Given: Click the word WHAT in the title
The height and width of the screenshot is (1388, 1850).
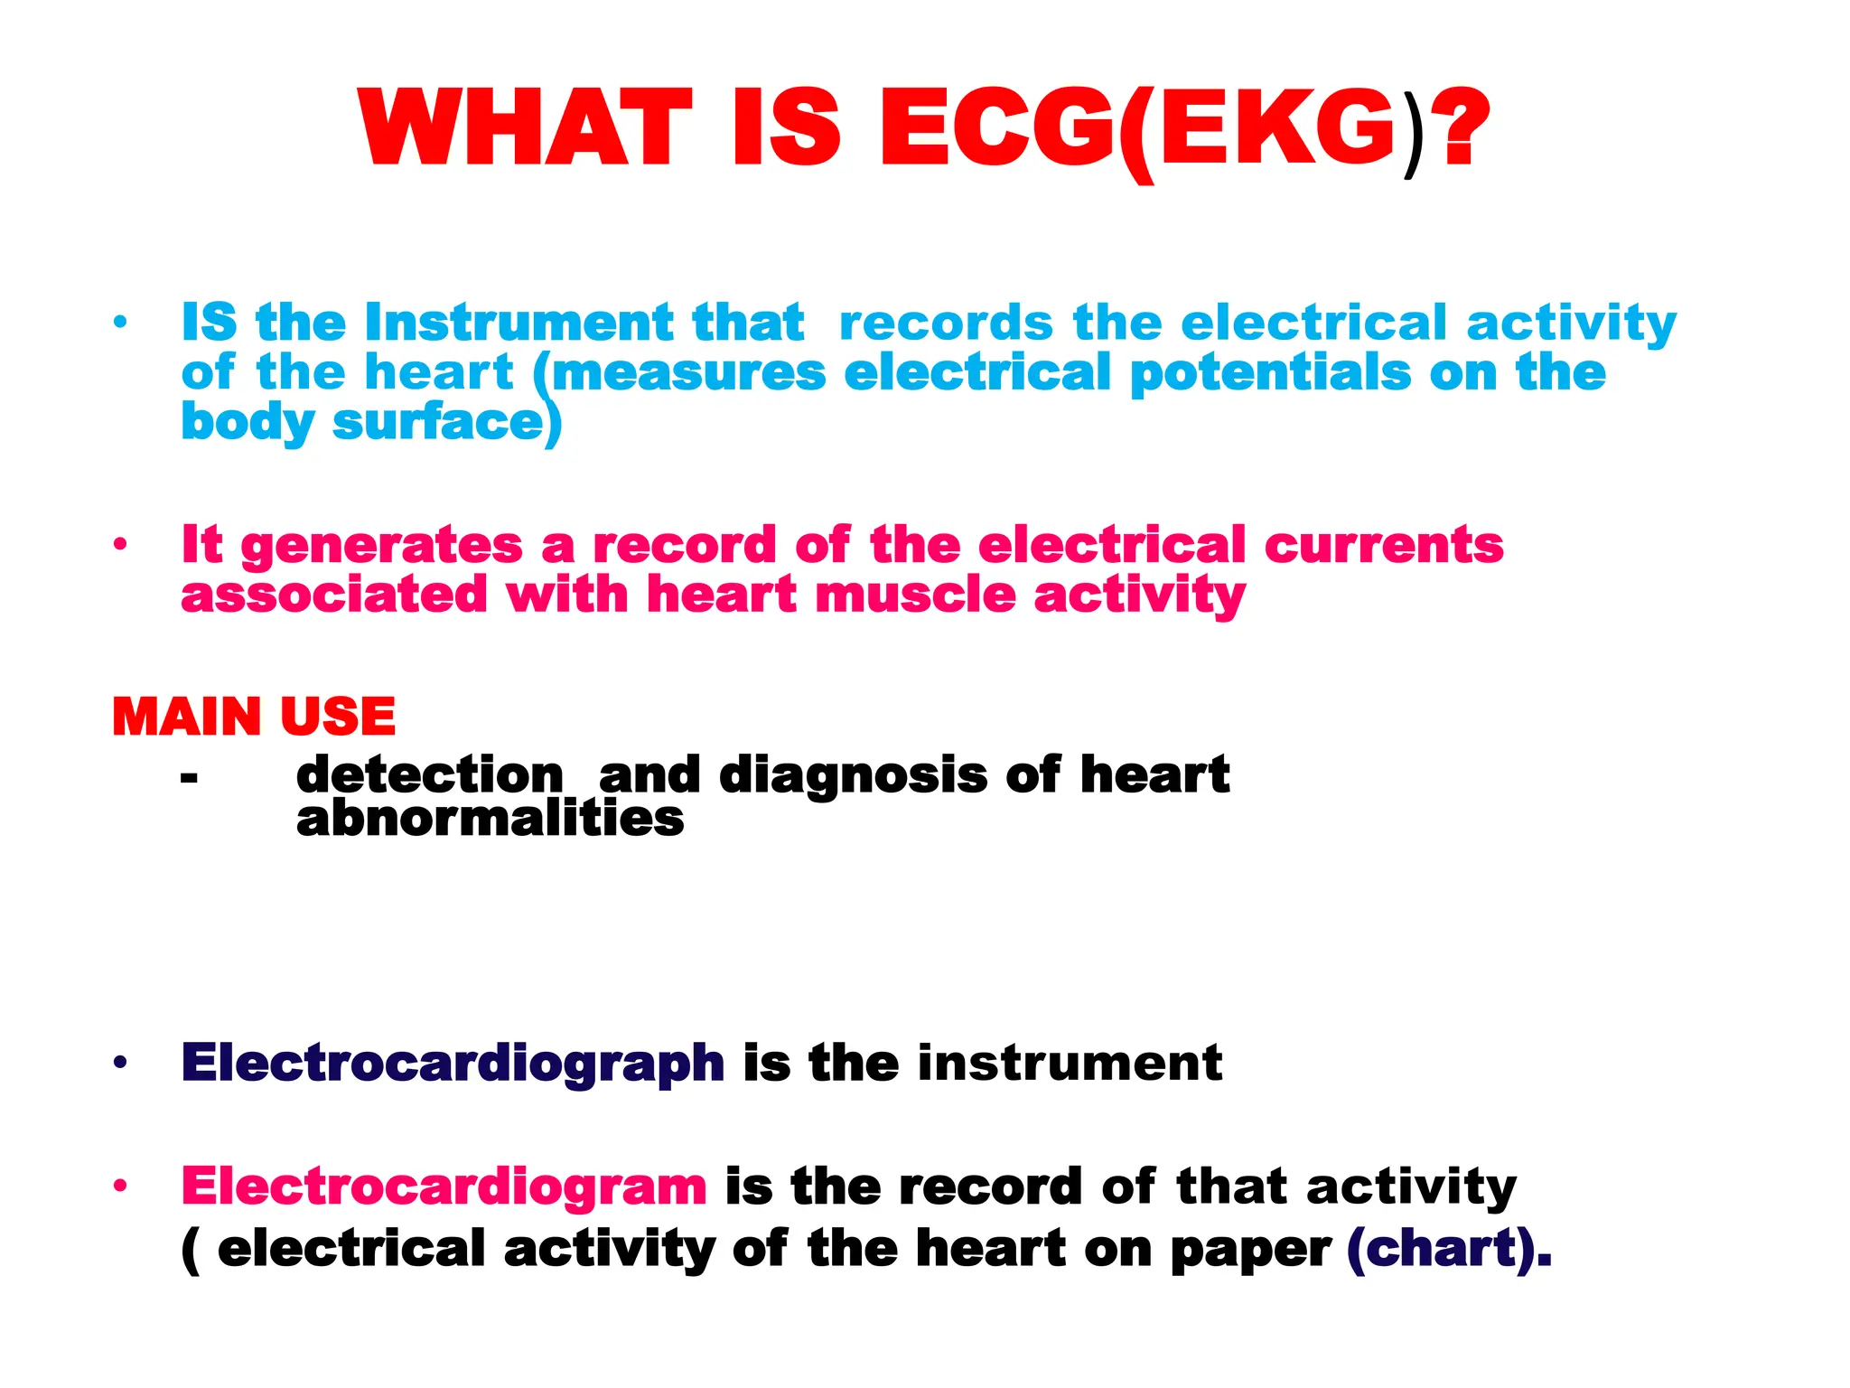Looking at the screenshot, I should [x=524, y=129].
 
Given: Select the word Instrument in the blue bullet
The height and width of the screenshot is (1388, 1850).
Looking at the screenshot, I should [x=519, y=323].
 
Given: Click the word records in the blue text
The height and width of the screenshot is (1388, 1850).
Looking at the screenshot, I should [x=946, y=323].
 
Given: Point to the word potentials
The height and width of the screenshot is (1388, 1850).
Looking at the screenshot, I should [x=1270, y=373].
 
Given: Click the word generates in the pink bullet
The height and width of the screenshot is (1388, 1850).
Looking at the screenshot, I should [x=381, y=546].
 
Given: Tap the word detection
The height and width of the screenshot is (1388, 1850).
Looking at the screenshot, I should [x=430, y=775].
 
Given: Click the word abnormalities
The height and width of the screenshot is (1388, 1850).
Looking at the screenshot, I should [x=490, y=819].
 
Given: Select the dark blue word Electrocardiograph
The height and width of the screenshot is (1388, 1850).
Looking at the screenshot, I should [x=453, y=1064].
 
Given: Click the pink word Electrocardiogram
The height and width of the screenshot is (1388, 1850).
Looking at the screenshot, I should [x=444, y=1186].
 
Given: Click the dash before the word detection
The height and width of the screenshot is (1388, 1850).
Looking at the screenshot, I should [x=189, y=777].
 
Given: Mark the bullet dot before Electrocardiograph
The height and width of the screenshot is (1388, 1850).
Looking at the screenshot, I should [x=120, y=1064].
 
